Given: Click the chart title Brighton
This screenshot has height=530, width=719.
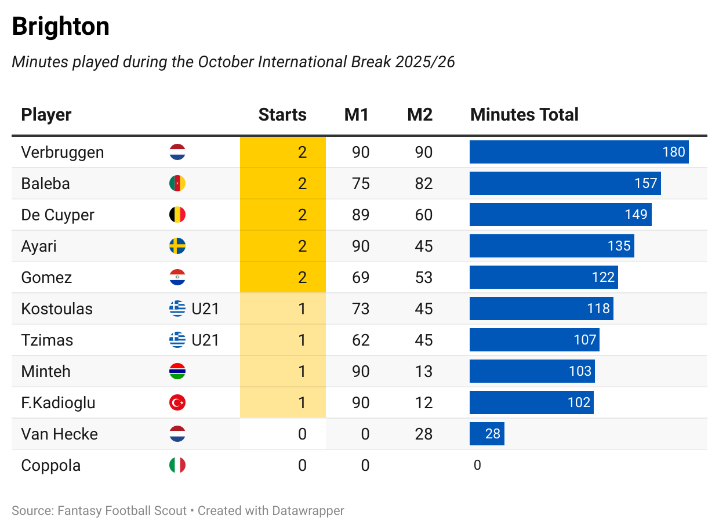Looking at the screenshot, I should pyautogui.click(x=60, y=27).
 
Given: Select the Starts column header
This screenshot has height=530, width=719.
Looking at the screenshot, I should pyautogui.click(x=282, y=115).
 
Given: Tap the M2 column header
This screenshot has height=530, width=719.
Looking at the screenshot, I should pyautogui.click(x=420, y=115).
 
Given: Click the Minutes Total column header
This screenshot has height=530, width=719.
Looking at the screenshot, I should pyautogui.click(x=524, y=115).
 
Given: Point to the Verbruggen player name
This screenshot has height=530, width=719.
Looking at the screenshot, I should pyautogui.click(x=63, y=153).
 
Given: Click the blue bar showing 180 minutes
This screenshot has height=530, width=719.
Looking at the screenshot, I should pyautogui.click(x=579, y=153).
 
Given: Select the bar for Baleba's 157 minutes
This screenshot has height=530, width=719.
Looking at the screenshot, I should pyautogui.click(x=565, y=184).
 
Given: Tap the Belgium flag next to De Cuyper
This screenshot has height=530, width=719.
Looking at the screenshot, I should pyautogui.click(x=177, y=215).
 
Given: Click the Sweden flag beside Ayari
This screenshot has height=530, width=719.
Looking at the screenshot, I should pyautogui.click(x=177, y=246).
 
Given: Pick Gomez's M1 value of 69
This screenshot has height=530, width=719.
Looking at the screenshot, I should pyautogui.click(x=361, y=278).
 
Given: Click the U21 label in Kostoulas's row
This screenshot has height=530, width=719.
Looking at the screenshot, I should pyautogui.click(x=205, y=309).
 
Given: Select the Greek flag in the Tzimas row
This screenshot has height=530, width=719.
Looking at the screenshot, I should pyautogui.click(x=177, y=340).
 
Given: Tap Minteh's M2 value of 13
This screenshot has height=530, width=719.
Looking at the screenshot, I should pyautogui.click(x=424, y=372).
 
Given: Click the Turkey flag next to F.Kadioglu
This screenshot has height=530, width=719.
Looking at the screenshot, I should pyautogui.click(x=177, y=403).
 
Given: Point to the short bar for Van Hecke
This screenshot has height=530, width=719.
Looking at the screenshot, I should pyautogui.click(x=486, y=434).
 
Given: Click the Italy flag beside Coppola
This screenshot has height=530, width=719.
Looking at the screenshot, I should pyautogui.click(x=177, y=466).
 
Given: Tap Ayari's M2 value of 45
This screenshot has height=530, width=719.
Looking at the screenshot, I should pyautogui.click(x=424, y=246).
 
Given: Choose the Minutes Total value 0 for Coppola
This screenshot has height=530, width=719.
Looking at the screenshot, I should pyautogui.click(x=477, y=466).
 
